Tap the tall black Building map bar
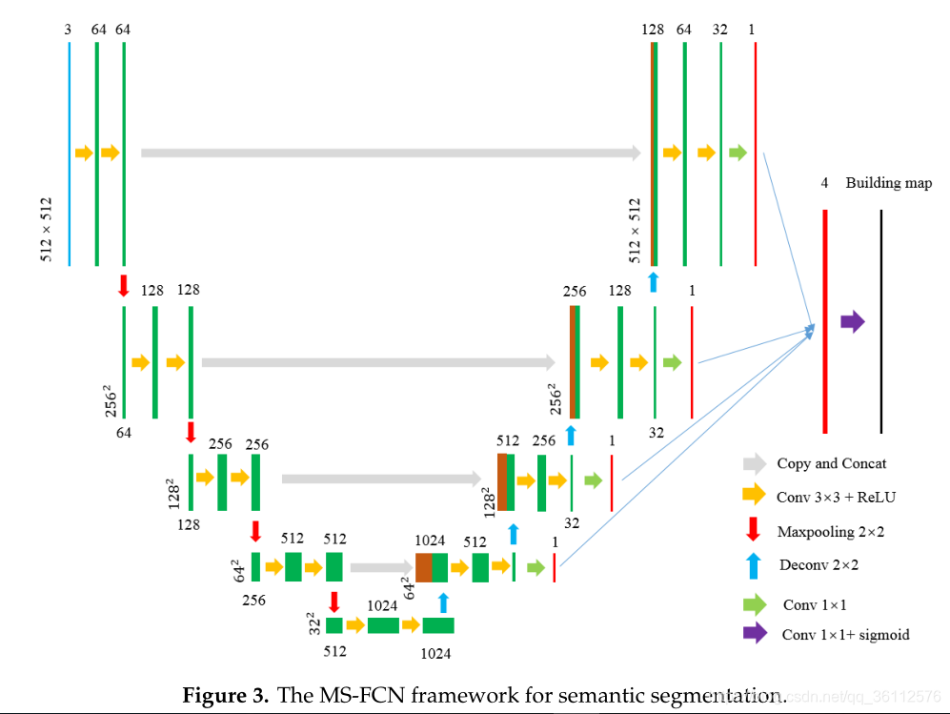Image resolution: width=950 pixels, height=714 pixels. [x=881, y=321]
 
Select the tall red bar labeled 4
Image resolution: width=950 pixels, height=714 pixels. [x=825, y=321]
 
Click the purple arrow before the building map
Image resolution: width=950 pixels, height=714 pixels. [x=853, y=322]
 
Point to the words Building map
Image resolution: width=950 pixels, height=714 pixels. [x=888, y=182]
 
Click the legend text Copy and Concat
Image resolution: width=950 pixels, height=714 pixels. [x=831, y=464]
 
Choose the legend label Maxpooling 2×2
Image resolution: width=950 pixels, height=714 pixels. [x=830, y=531]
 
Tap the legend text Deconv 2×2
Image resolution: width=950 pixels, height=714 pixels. [x=818, y=564]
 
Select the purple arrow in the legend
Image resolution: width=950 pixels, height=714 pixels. [x=755, y=633]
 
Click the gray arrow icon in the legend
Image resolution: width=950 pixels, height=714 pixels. [x=755, y=464]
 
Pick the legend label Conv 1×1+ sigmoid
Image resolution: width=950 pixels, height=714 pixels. [x=844, y=634]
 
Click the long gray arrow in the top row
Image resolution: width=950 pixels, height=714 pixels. [x=391, y=153]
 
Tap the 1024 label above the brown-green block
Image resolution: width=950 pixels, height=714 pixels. [x=430, y=541]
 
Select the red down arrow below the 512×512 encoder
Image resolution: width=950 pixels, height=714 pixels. [x=124, y=285]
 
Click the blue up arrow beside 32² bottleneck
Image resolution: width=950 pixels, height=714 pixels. [x=443, y=602]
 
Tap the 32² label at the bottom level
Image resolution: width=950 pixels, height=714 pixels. [x=314, y=624]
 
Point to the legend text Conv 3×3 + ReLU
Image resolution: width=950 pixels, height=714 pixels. [x=836, y=497]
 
